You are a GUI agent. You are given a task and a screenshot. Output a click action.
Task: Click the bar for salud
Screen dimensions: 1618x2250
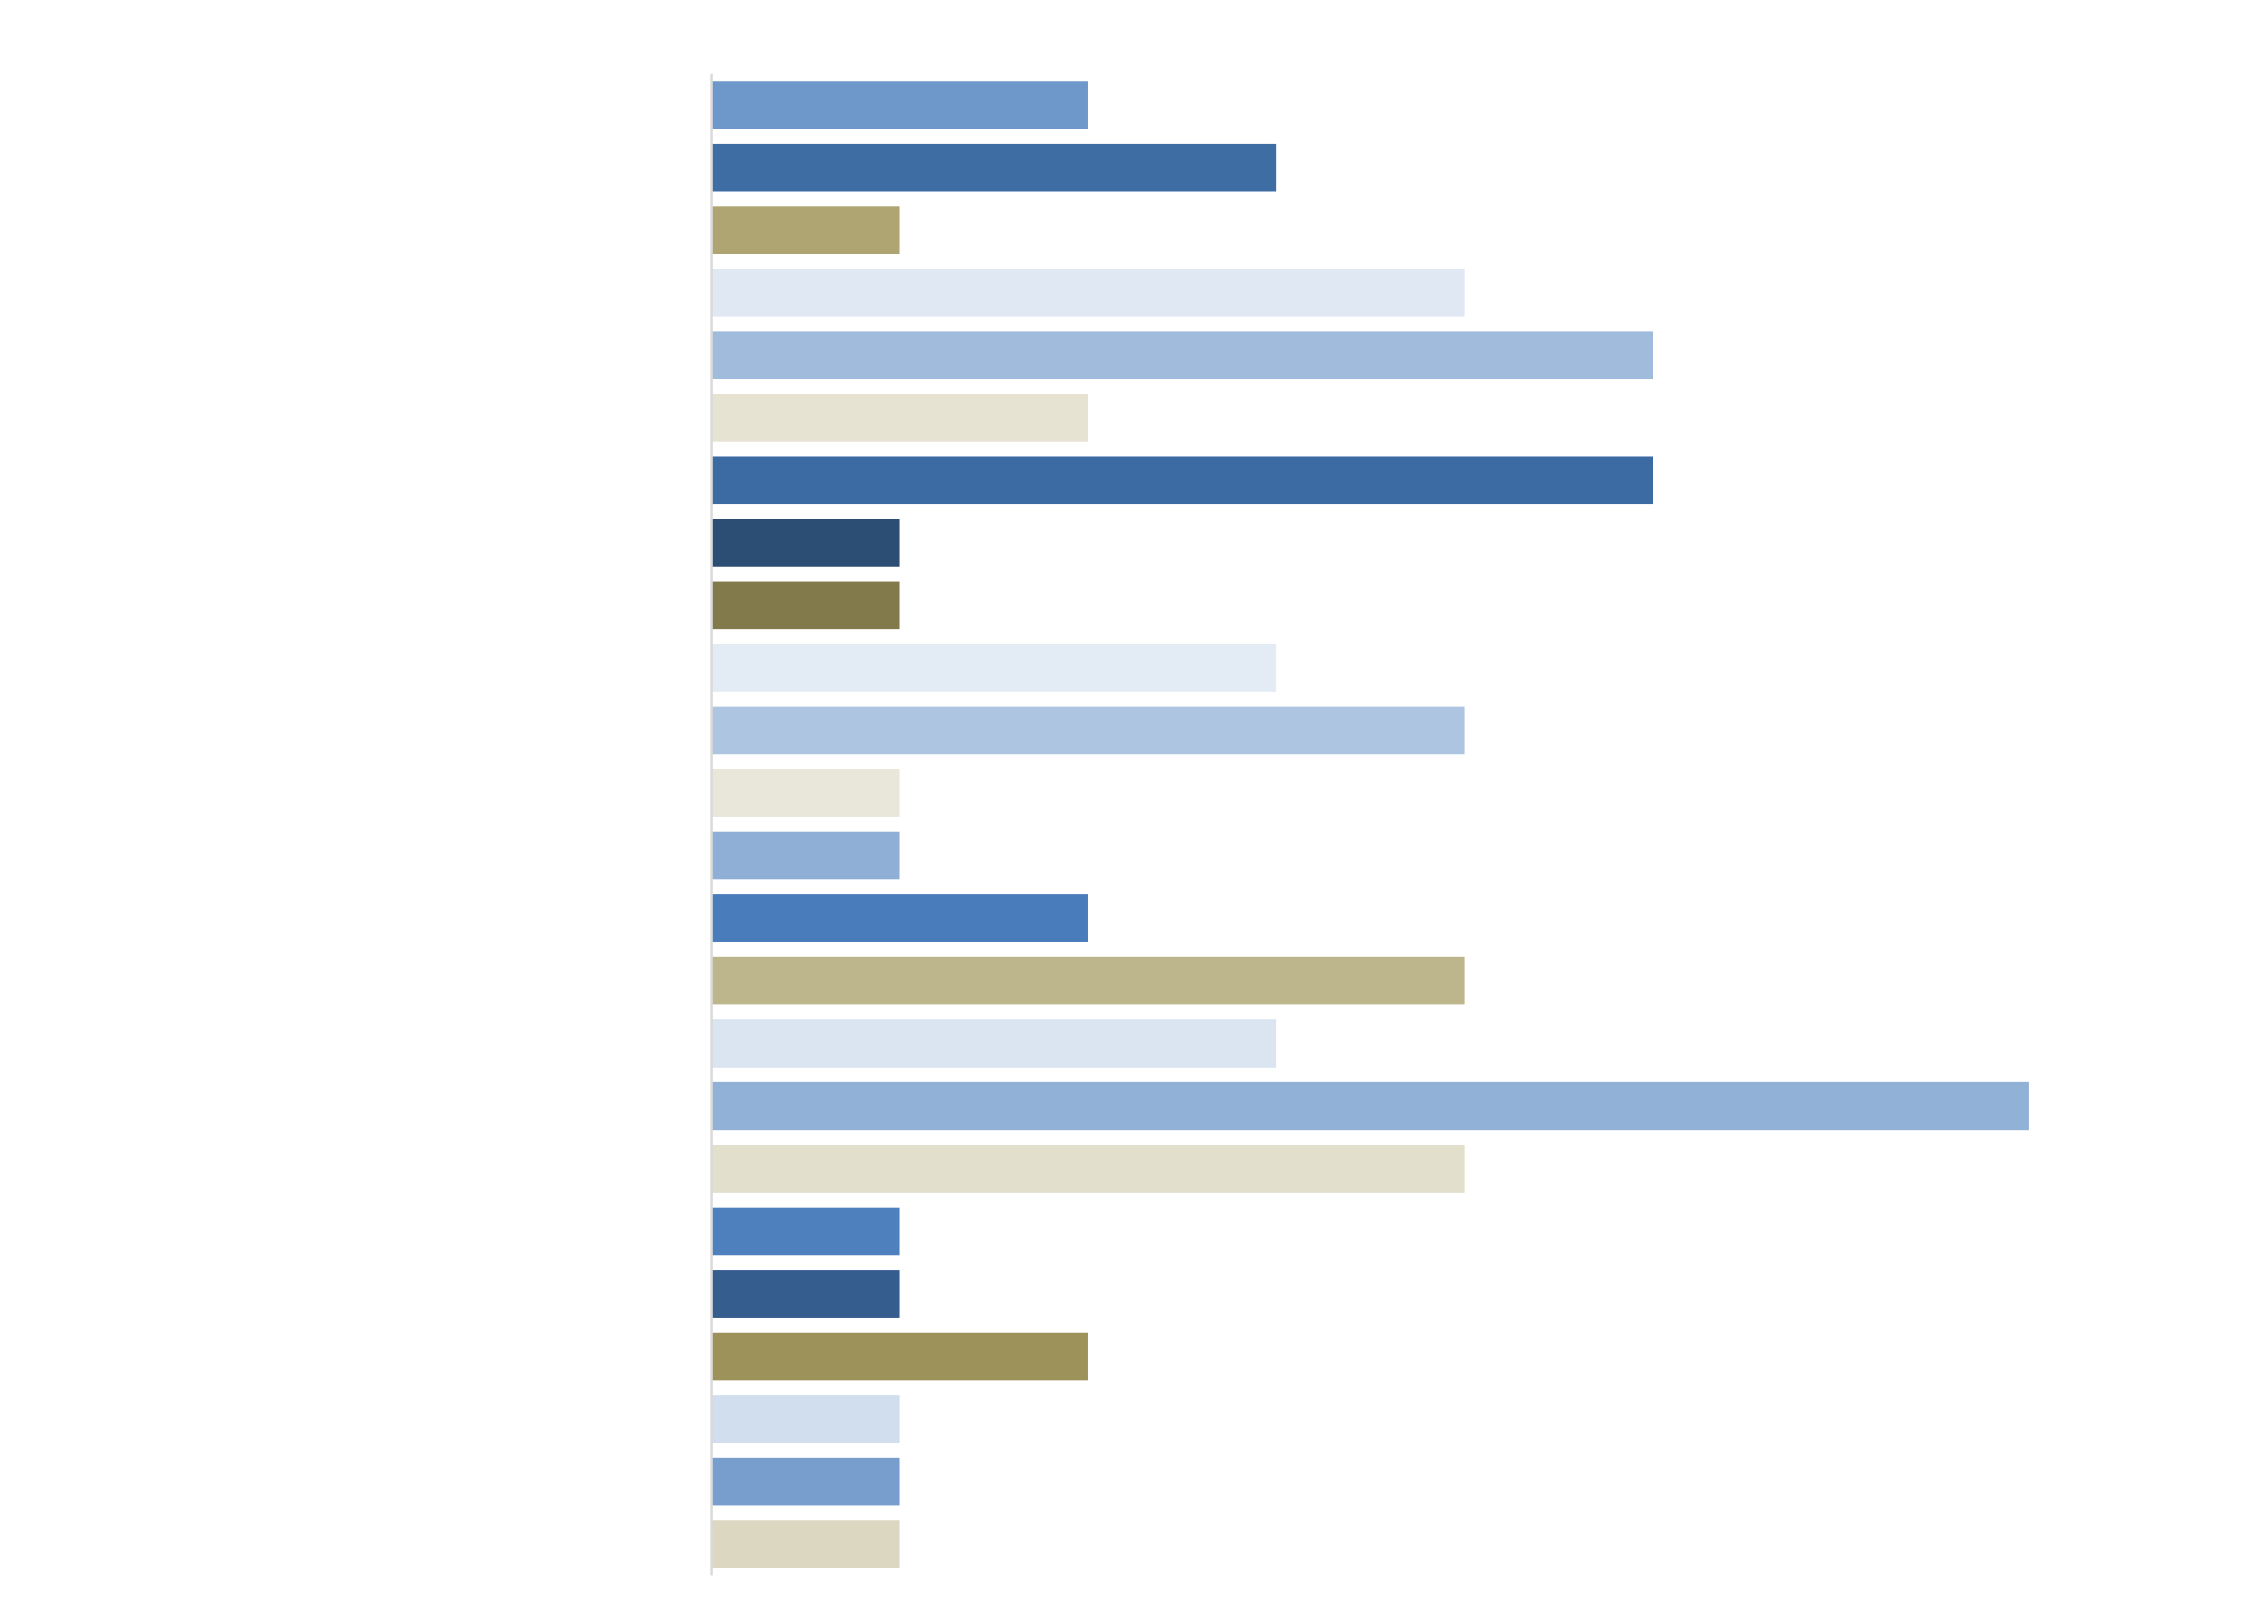click(1369, 1106)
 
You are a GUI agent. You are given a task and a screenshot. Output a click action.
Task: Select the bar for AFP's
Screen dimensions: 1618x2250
click(899, 106)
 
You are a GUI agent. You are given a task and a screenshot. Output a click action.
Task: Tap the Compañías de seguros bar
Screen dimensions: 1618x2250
click(1182, 355)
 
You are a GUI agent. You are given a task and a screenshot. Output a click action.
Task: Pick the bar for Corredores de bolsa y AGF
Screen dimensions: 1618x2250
click(1182, 480)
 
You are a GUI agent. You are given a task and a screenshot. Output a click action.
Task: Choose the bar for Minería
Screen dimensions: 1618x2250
click(1087, 980)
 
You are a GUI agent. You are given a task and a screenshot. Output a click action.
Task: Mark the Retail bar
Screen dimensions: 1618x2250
click(1087, 1169)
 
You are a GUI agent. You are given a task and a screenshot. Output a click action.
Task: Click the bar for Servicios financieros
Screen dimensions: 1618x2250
click(899, 1356)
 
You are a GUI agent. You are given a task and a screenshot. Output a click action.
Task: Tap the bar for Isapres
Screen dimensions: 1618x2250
click(899, 918)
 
